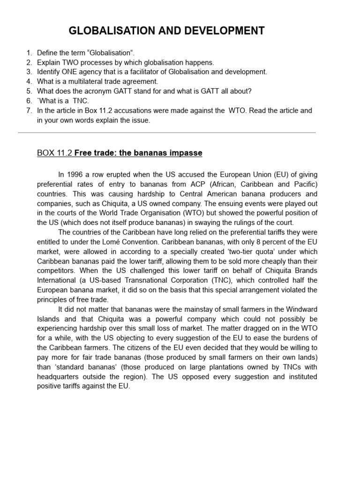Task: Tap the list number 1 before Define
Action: [x=29, y=53]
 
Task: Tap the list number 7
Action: [x=29, y=111]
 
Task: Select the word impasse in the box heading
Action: [x=187, y=153]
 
